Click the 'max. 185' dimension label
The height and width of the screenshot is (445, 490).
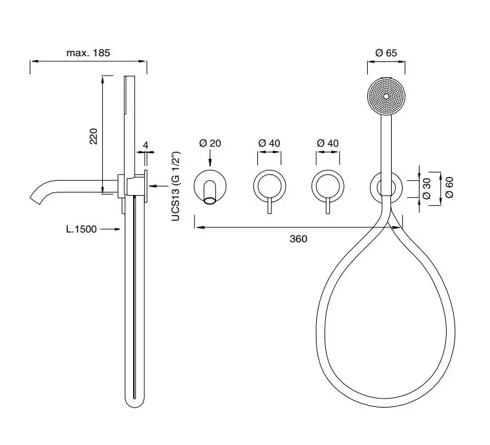point(88,52)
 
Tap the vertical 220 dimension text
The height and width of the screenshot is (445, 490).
point(94,136)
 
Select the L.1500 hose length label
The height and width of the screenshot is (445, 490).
point(81,229)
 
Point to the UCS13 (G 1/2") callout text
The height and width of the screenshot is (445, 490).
point(176,187)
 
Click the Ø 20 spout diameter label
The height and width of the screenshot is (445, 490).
point(210,143)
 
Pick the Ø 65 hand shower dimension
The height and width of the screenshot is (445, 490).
point(387,53)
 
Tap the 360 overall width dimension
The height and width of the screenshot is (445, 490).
point(299,239)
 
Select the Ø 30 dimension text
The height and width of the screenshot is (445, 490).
point(427,189)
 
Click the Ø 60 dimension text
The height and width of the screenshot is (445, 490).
point(449,187)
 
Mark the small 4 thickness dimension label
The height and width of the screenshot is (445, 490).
point(145,145)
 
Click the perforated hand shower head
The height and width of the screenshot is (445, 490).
point(387,96)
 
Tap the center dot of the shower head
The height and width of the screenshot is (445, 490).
point(387,96)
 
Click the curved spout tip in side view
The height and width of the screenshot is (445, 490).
point(35,199)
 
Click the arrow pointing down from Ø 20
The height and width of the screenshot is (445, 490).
point(210,158)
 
